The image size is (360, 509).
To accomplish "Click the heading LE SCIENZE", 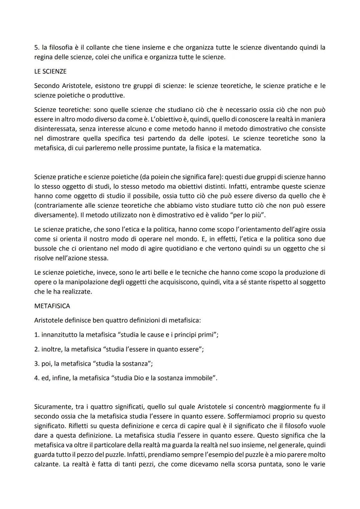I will tap(50, 71).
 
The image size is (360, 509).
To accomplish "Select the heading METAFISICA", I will tap(52, 306).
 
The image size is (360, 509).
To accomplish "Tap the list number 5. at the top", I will tap(37, 47).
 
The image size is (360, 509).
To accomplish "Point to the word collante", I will tap(98, 47).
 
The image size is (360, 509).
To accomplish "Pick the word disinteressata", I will tap(55, 129).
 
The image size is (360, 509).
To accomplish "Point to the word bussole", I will tap(46, 248).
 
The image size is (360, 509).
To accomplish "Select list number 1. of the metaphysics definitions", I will tap(37, 335).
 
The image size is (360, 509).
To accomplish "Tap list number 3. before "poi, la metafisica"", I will tap(37, 363).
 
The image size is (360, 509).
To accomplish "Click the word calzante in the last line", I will tap(46, 464).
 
